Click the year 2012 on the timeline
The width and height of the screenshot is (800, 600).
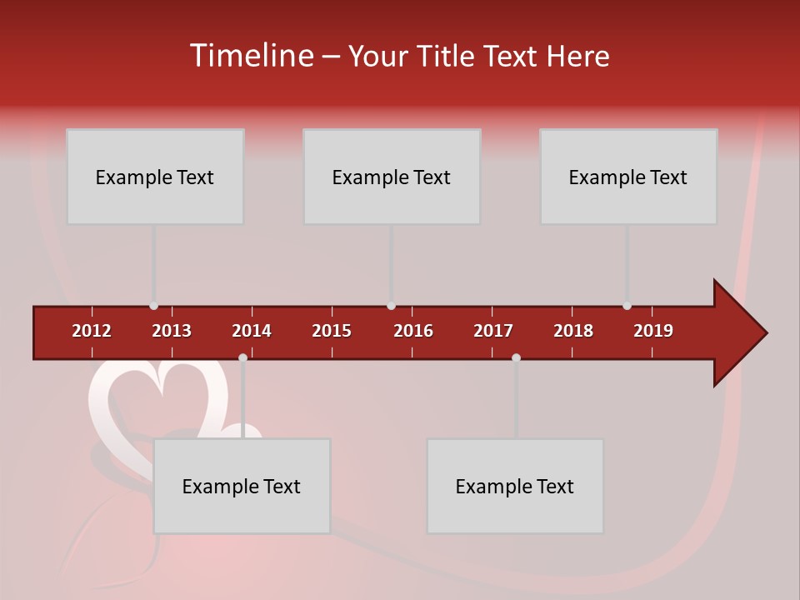92,331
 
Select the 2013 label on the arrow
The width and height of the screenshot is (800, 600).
172,331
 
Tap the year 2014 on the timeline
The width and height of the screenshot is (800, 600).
252,331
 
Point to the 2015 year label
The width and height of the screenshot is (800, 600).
332,331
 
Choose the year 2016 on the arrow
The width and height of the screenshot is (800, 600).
413,331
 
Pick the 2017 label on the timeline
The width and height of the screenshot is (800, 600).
493,331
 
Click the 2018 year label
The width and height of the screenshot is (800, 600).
573,331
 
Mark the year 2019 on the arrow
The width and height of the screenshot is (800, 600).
653,331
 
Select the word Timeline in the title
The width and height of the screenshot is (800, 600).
251,56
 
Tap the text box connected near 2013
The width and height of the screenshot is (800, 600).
155,177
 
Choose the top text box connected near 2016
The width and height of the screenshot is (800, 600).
392,177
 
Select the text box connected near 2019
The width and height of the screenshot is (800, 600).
628,177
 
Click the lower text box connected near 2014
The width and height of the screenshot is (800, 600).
242,486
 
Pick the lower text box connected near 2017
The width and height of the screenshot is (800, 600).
515,486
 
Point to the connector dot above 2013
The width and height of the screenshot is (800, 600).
153,306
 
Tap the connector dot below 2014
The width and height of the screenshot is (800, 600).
242,357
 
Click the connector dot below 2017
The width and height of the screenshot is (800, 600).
516,357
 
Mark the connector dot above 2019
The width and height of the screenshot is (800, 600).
627,306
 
